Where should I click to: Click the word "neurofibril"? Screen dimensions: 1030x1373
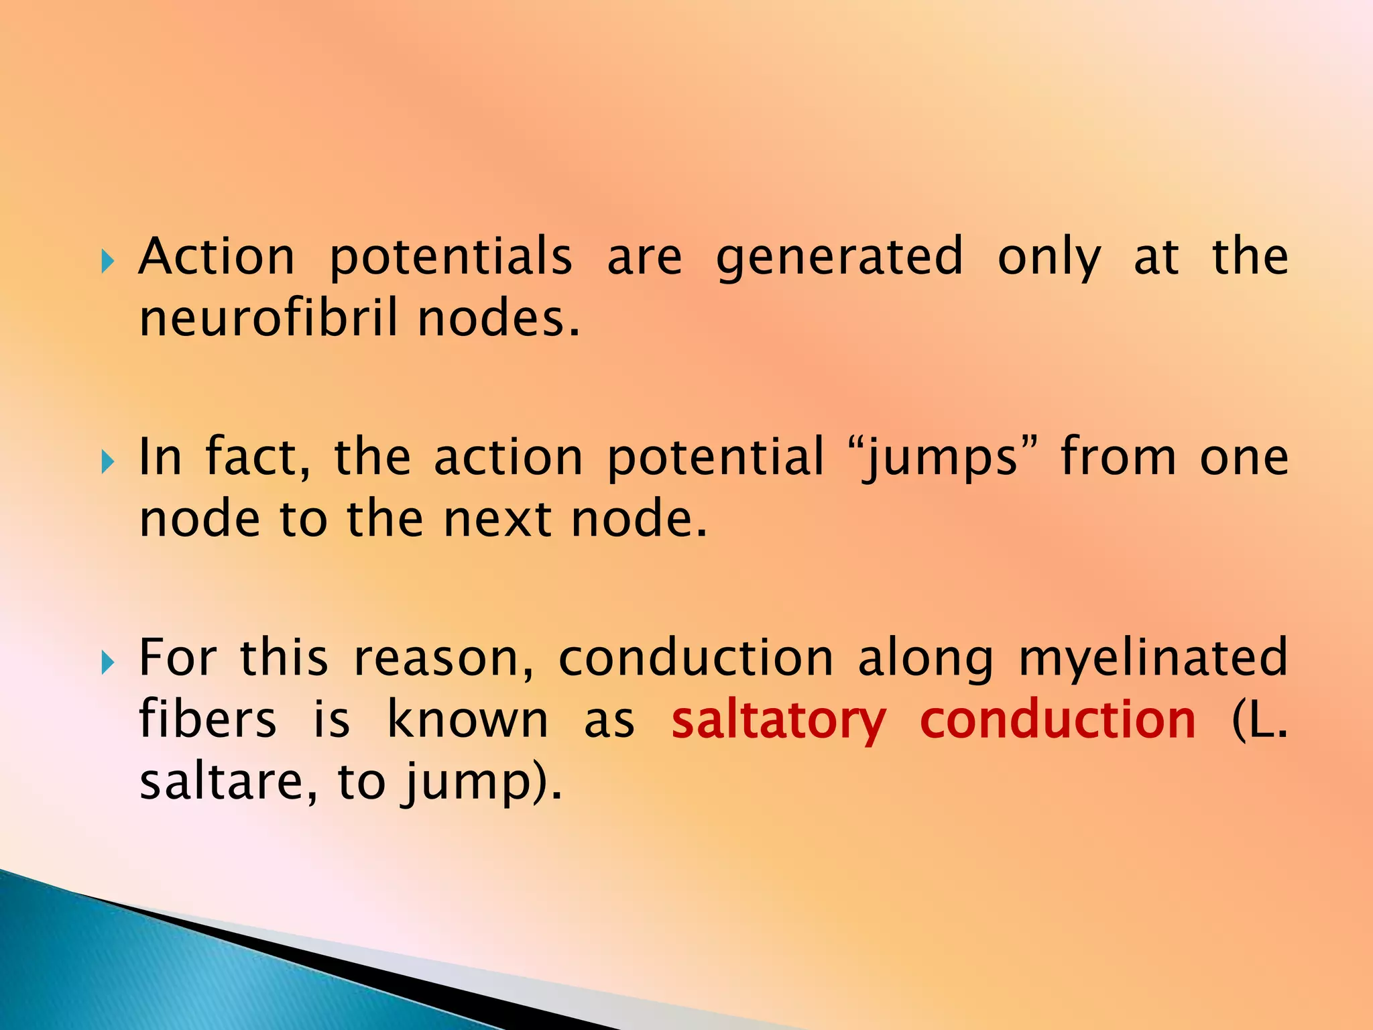click(269, 318)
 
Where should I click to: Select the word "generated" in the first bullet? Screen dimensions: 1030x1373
click(839, 257)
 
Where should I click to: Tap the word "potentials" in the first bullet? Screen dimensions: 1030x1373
click(451, 257)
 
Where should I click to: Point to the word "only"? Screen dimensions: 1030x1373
click(1049, 257)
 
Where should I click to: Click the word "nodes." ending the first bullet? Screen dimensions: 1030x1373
click(498, 318)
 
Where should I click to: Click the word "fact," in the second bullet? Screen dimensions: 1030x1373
click(258, 457)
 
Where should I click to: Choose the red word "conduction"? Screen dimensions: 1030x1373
click(1058, 720)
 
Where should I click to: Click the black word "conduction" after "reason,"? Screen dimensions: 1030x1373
click(696, 658)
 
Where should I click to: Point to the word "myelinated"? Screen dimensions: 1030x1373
click(1153, 659)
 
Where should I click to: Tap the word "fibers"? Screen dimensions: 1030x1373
click(208, 720)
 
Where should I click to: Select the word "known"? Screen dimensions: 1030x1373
click(468, 720)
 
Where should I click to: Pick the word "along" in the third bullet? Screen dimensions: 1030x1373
click(926, 659)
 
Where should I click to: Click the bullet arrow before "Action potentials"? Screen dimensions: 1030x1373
click(107, 261)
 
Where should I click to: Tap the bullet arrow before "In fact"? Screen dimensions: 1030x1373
click(107, 461)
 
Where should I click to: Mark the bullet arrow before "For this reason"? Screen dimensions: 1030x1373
click(107, 663)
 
